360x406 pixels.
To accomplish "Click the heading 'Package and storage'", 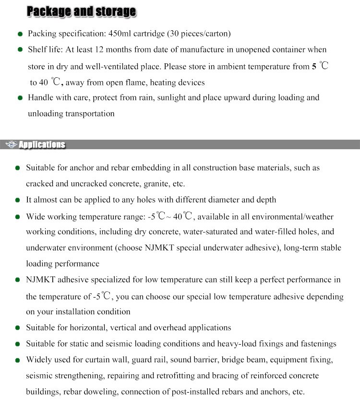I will tap(81, 12).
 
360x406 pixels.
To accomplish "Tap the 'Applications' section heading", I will tap(41, 144).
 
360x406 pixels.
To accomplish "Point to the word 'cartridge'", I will tap(157, 34).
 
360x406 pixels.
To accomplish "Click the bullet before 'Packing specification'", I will tap(20, 34).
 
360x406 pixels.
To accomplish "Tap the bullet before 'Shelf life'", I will tap(20, 50).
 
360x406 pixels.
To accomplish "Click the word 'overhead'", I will tap(170, 328).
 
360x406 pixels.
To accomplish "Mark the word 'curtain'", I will tap(100, 359).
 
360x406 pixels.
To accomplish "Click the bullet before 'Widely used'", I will tap(18, 360).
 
